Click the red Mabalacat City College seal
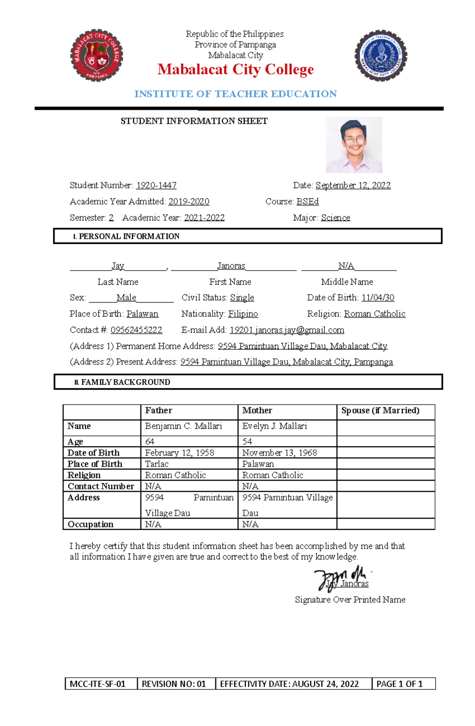[x=97, y=55]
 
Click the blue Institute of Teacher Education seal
[x=381, y=55]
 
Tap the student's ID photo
[x=353, y=145]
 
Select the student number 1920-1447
[x=156, y=186]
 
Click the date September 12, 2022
[x=353, y=186]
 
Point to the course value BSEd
[x=307, y=202]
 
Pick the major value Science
[x=335, y=218]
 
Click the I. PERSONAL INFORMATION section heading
[x=127, y=237]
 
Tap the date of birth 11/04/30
[x=378, y=298]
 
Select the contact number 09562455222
[x=136, y=330]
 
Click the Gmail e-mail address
[x=287, y=330]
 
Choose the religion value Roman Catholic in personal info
[x=374, y=314]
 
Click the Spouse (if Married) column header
[x=380, y=411]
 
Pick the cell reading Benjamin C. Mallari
[x=183, y=426]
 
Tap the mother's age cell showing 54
[x=247, y=442]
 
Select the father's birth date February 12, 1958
[x=179, y=453]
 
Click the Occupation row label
[x=91, y=524]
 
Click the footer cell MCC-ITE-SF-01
[x=98, y=684]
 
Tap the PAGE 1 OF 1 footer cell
[x=399, y=684]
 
